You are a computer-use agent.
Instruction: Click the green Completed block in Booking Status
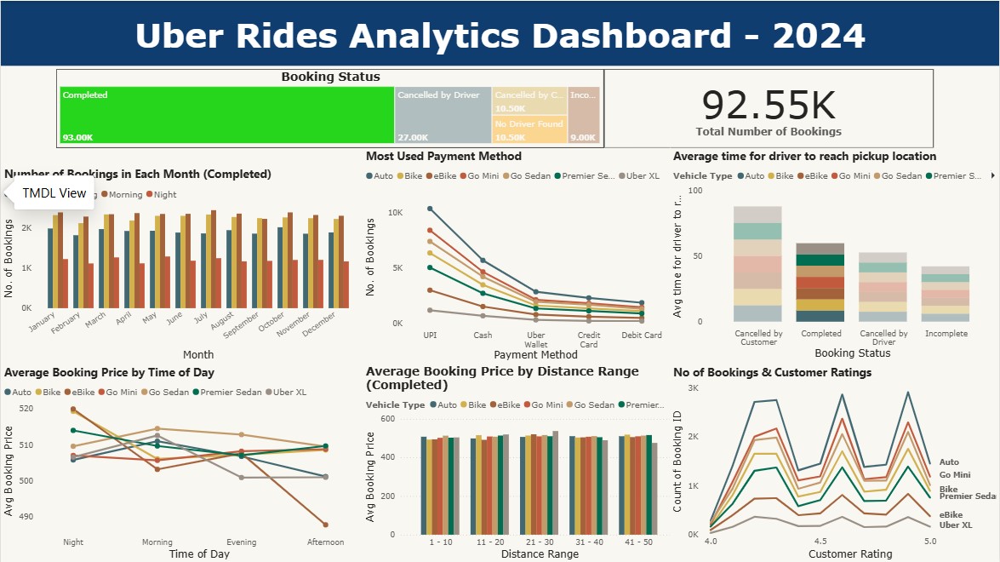(x=226, y=115)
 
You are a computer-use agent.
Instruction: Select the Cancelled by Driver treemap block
(x=443, y=115)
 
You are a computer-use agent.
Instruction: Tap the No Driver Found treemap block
(x=529, y=129)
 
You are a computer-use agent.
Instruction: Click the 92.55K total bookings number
(x=769, y=105)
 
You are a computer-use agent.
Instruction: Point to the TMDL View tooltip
(x=54, y=193)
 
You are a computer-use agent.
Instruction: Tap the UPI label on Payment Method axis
(x=430, y=335)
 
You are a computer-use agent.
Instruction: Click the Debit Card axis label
(x=642, y=335)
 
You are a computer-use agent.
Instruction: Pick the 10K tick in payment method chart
(x=395, y=212)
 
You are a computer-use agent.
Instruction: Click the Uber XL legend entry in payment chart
(x=643, y=176)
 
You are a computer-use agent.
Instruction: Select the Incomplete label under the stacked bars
(x=945, y=334)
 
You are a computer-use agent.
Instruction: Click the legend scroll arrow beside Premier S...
(x=992, y=176)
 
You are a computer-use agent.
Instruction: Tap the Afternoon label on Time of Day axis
(x=325, y=542)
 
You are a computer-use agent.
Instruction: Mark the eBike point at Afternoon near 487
(x=325, y=525)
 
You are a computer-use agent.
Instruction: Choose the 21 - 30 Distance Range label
(x=540, y=542)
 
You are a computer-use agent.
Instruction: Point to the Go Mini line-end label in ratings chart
(x=955, y=475)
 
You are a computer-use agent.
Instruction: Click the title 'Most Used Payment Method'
(x=443, y=157)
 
